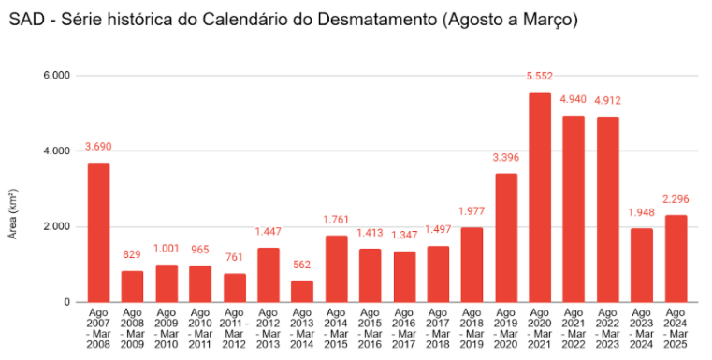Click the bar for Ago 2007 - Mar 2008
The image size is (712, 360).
pos(98,233)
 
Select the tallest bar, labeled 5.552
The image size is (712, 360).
pos(540,197)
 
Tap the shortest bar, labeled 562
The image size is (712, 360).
pos(302,291)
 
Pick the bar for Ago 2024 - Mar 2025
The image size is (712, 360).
pos(676,259)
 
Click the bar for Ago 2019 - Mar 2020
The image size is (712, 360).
pos(506,238)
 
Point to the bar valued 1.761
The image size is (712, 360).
pos(336,268)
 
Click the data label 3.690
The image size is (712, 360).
pos(98,146)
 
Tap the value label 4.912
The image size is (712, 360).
pos(607,100)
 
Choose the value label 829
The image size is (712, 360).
pos(132,254)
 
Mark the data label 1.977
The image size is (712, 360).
pos(472,210)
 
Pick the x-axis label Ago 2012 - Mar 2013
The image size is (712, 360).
pos(268,328)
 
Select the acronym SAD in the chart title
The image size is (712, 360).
pos(26,19)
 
